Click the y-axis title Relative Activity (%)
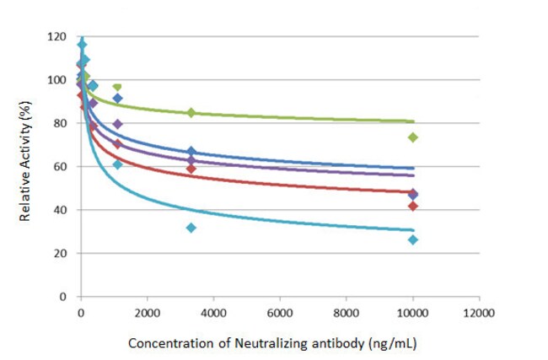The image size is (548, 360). pos(27,167)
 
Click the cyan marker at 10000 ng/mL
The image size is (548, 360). pos(413,239)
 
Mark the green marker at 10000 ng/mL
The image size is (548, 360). pos(413,137)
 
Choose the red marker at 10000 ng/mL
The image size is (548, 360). pos(413,206)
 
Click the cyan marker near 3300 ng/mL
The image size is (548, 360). pos(191,228)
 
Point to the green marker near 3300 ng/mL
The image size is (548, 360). pos(191,112)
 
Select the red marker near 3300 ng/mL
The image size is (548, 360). pos(191,169)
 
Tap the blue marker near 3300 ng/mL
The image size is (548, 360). pos(191,151)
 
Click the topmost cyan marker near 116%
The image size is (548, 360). pos(82,44)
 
